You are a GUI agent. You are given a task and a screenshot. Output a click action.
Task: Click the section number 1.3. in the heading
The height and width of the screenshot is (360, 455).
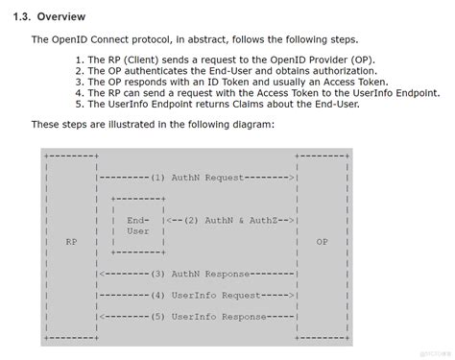point(17,16)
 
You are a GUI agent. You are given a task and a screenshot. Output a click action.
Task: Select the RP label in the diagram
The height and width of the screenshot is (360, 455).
point(71,242)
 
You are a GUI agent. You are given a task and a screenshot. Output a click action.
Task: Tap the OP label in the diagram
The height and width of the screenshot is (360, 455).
point(322,242)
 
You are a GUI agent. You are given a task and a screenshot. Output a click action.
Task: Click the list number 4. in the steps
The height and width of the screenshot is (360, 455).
point(79,93)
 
